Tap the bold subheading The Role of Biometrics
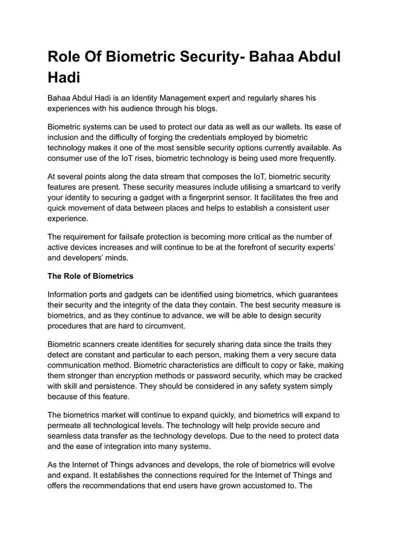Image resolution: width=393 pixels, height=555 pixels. coord(91,275)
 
